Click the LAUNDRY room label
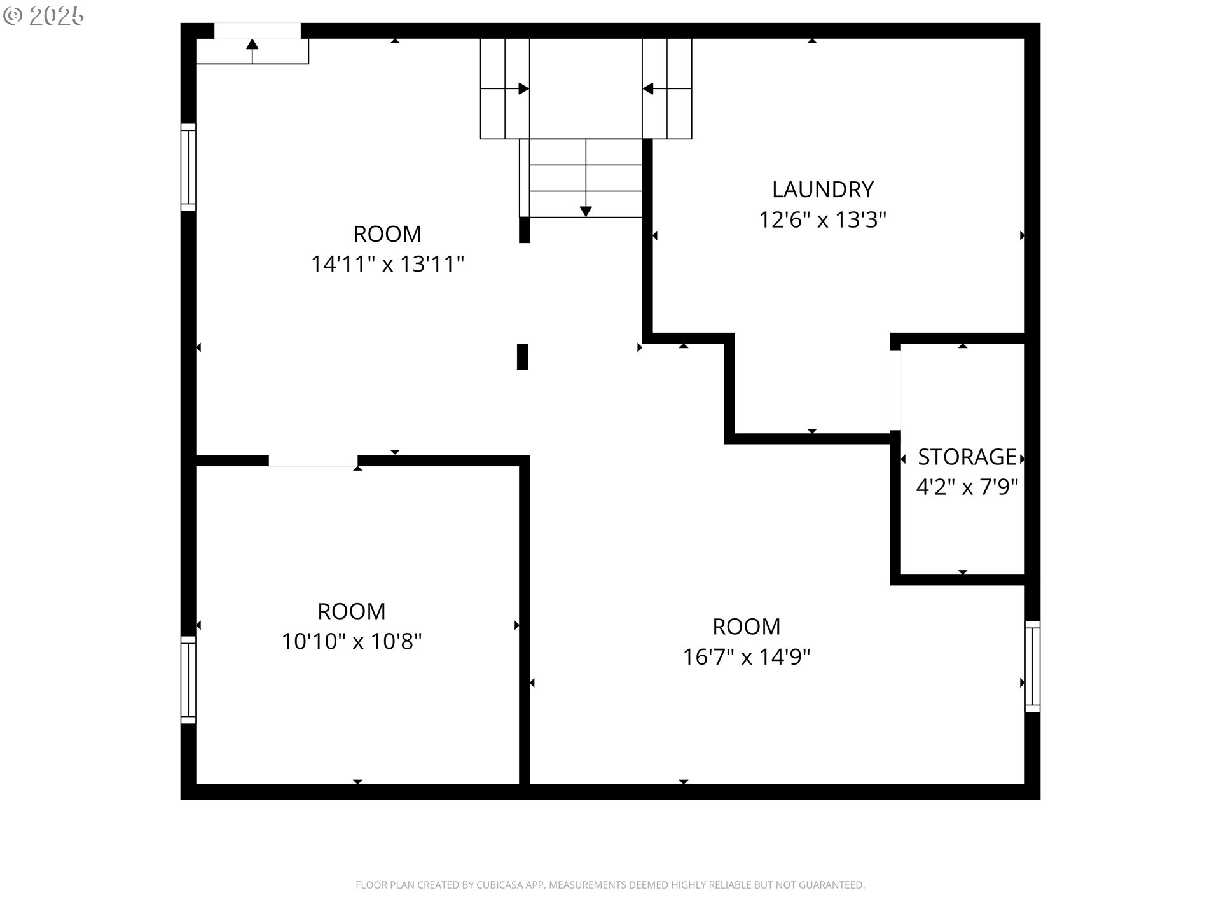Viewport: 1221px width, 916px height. pos(822,190)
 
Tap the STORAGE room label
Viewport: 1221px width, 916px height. pos(967,457)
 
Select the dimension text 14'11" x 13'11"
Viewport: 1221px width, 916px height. pos(387,264)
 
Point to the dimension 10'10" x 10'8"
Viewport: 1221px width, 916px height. pos(352,641)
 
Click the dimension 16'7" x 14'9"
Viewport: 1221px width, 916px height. pos(747,656)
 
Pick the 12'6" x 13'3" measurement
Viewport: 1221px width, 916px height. pos(822,220)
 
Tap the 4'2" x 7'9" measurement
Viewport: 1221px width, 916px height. pos(967,487)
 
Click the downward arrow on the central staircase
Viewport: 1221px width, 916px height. pos(586,211)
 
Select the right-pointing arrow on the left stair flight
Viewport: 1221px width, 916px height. pos(523,88)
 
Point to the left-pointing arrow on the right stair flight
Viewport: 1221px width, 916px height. pos(648,88)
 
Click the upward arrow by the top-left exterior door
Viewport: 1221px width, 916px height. pos(252,45)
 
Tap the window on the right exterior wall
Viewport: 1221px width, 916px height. pos(1032,666)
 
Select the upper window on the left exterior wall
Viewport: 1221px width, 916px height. pos(188,167)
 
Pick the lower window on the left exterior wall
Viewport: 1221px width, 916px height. pos(188,679)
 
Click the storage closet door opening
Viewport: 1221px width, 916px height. pos(895,390)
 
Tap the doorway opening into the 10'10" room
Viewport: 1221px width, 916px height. pos(313,461)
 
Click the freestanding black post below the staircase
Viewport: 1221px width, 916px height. pos(522,356)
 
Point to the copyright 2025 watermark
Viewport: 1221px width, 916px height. pos(44,16)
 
